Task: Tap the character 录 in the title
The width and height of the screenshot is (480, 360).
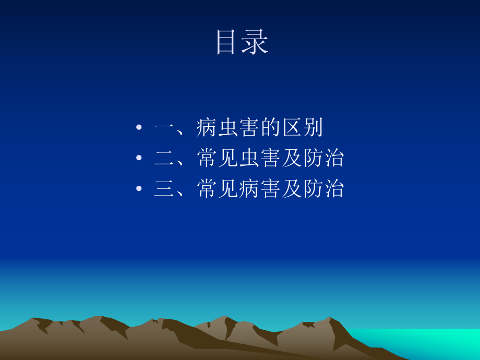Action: tap(256, 42)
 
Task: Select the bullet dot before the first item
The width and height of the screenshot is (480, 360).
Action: tap(138, 128)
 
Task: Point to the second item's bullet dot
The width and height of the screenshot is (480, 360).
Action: tap(138, 159)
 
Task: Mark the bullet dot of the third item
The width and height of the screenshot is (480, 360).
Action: tap(138, 189)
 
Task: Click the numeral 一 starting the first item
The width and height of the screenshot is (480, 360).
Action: tap(164, 128)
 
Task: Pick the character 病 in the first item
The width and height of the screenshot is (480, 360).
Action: tap(207, 128)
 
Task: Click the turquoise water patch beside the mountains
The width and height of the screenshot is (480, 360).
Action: tap(417, 342)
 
